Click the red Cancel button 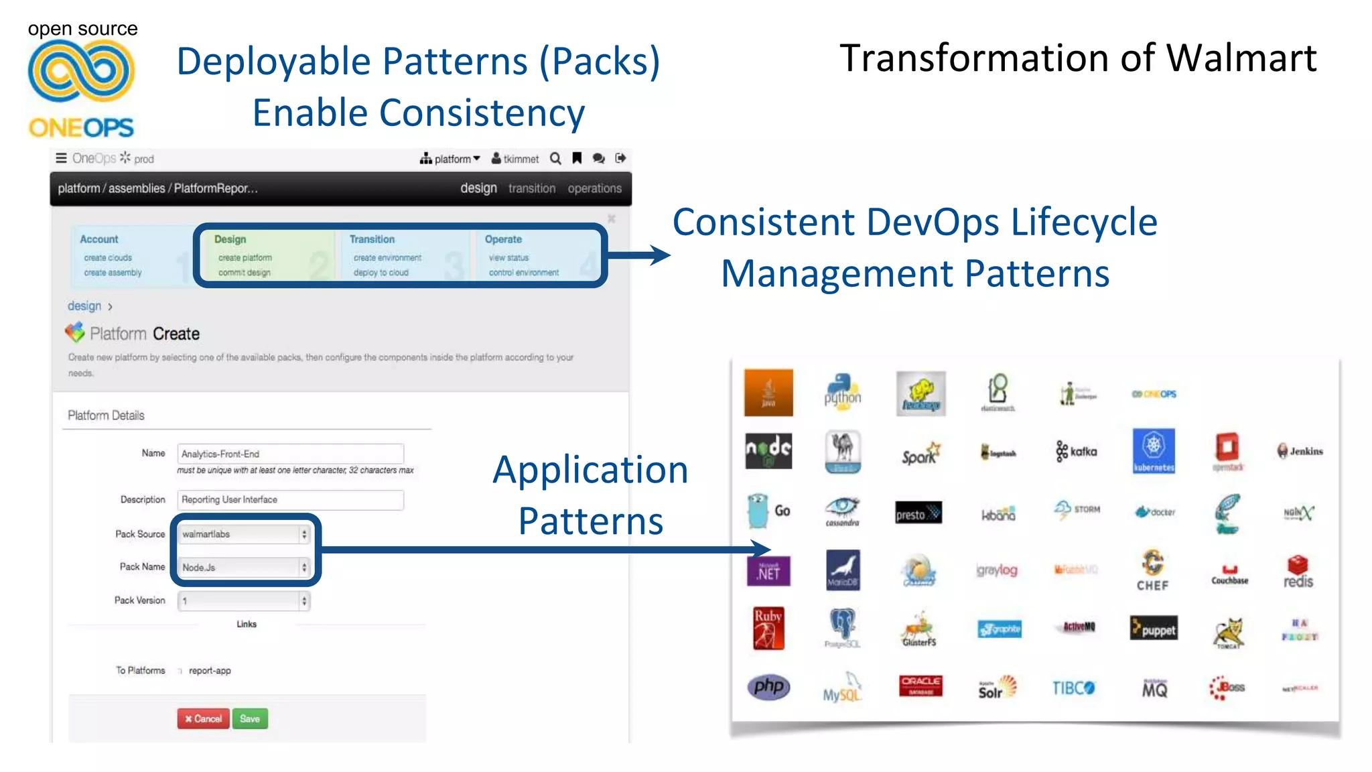tap(203, 718)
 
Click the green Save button tap(250, 718)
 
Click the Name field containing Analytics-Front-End tap(290, 454)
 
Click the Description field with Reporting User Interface tap(290, 500)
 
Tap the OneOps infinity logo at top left tap(81, 71)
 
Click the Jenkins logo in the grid tap(1300, 451)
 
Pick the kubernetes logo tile tap(1154, 451)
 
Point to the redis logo tap(1298, 572)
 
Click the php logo tap(768, 686)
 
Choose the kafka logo tap(1077, 451)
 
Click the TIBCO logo tap(1073, 688)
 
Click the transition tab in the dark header tap(531, 188)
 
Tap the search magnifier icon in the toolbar tap(555, 159)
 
